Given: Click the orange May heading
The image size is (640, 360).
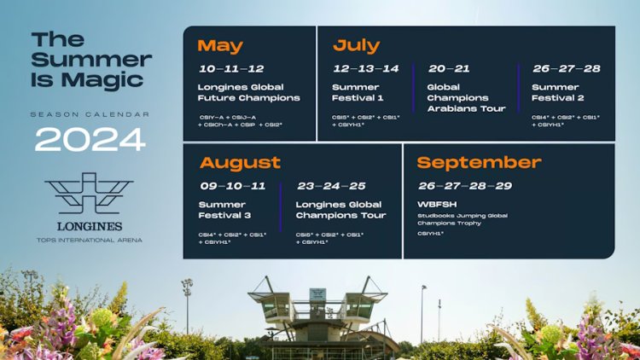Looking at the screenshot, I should coord(220,46).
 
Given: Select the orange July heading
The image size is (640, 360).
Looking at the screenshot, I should coord(356,46).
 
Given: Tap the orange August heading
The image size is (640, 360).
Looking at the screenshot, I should coord(240,162).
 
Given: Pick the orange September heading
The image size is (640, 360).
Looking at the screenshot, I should coord(479,162).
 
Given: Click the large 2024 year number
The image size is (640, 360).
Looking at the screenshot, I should coord(90,138).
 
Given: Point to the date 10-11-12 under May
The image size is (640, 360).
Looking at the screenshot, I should coord(231,69).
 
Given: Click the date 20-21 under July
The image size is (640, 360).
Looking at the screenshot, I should coord(449,69).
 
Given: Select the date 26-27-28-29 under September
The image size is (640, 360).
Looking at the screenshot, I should coord(465,185).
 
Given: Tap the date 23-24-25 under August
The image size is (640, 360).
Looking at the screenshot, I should coord(330,185).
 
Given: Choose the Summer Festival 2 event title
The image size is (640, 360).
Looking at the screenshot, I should coord(557,92).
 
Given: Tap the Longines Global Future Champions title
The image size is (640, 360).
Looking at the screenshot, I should coord(248,92).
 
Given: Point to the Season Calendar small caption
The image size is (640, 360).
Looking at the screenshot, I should coord(90,113).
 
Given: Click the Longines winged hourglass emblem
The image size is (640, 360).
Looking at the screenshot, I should coord(90,194).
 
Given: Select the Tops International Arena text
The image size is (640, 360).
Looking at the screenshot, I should coord(90,240).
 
